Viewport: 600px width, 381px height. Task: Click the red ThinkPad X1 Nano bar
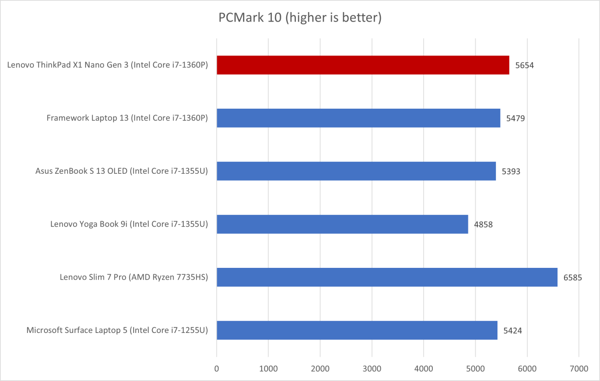(363, 65)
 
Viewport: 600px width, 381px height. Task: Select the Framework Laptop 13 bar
(358, 118)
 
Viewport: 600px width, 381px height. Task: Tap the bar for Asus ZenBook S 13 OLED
(356, 171)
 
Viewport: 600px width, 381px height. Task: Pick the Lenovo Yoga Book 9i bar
(342, 224)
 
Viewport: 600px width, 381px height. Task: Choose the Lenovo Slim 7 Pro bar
(387, 277)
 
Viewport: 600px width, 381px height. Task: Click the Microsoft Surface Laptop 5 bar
(357, 330)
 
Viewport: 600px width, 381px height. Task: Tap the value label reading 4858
(483, 224)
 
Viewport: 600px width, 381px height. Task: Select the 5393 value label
(511, 171)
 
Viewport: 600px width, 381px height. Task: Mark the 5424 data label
(513, 330)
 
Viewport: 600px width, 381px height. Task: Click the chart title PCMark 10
(300, 19)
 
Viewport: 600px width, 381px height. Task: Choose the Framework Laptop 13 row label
(127, 118)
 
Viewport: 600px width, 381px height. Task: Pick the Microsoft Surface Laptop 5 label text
(117, 330)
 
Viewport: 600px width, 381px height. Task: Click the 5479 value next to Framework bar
(516, 118)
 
